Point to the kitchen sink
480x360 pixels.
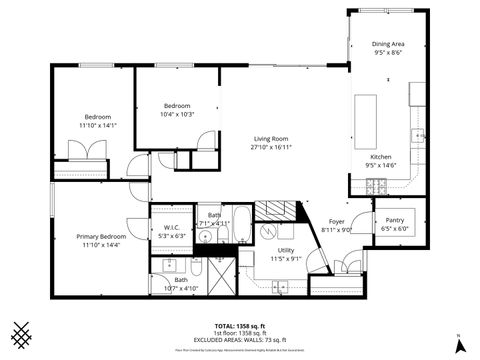(419, 135)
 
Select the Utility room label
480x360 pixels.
(286, 254)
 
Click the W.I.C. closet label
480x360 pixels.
(172, 232)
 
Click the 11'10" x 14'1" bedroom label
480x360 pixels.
(98, 121)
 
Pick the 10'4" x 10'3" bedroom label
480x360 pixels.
(177, 110)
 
